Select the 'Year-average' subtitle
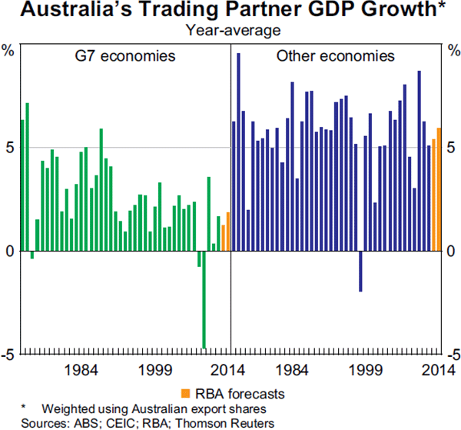pos(230,32)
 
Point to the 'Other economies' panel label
pos(335,56)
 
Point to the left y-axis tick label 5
pos(9,147)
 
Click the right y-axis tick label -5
pos(449,355)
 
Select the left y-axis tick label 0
pos(9,252)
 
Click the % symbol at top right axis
pos(452,52)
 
